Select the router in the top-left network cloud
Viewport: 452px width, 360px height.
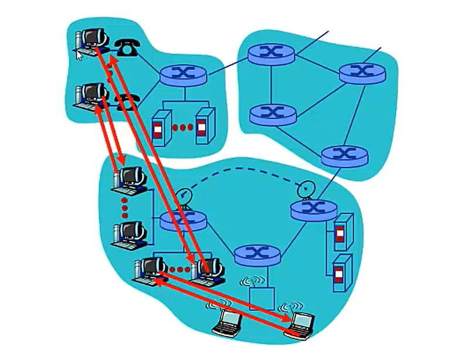pos(183,73)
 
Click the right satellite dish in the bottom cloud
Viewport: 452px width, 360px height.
pos(305,189)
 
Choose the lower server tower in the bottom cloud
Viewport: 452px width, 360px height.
pos(340,273)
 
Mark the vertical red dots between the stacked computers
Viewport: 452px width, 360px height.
pos(125,206)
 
